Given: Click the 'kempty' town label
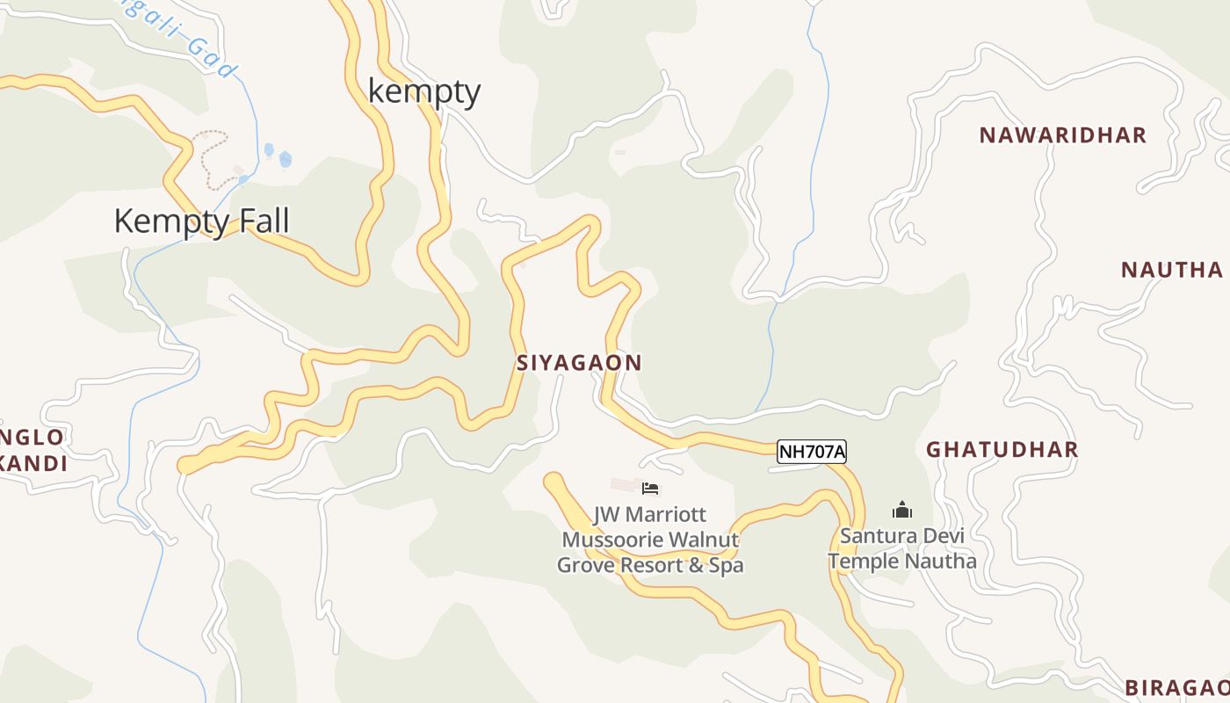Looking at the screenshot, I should pyautogui.click(x=424, y=91).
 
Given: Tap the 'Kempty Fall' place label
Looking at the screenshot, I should pyautogui.click(x=201, y=221).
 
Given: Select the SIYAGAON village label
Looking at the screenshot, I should pyautogui.click(x=579, y=362).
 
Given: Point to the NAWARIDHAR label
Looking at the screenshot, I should pyautogui.click(x=1063, y=134).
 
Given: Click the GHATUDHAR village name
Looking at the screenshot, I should pyautogui.click(x=1002, y=449).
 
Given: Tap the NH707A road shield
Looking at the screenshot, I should pyautogui.click(x=812, y=452).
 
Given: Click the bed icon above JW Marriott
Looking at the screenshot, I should pyautogui.click(x=650, y=489).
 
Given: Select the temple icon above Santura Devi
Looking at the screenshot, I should pyautogui.click(x=901, y=510).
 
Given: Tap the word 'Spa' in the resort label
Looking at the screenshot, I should pyautogui.click(x=727, y=565).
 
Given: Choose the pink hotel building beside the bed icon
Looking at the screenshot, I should pyautogui.click(x=626, y=485).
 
